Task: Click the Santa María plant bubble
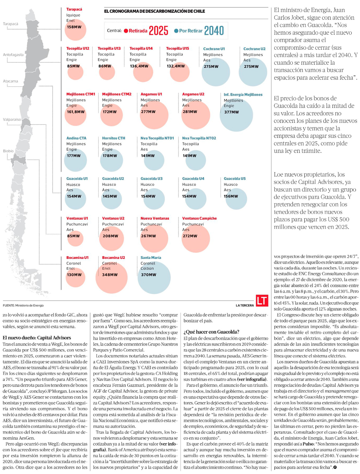pyautogui.click(x=154, y=277)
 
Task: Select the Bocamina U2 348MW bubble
pyautogui.click(x=112, y=277)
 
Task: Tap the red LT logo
pyautogui.click(x=262, y=301)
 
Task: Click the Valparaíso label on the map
pyautogui.click(x=12, y=119)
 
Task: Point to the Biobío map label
pyautogui.click(x=8, y=151)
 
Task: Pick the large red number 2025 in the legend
pyautogui.click(x=158, y=31)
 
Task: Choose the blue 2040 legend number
pyautogui.click(x=214, y=31)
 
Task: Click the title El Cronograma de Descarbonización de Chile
pyautogui.click(x=154, y=12)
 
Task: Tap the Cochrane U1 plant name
pyautogui.click(x=214, y=49)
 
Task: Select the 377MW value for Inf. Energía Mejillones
pyautogui.click(x=231, y=112)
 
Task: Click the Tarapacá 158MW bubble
pyautogui.click(x=75, y=30)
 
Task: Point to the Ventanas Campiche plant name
pyautogui.click(x=199, y=218)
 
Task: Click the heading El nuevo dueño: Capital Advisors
pyautogui.click(x=37, y=338)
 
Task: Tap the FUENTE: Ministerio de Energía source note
pyautogui.click(x=23, y=306)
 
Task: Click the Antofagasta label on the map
pyautogui.click(x=13, y=55)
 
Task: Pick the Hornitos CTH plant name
pyautogui.click(x=113, y=138)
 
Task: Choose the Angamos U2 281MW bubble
pyautogui.click(x=195, y=115)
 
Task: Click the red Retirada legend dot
pyautogui.click(x=126, y=31)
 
